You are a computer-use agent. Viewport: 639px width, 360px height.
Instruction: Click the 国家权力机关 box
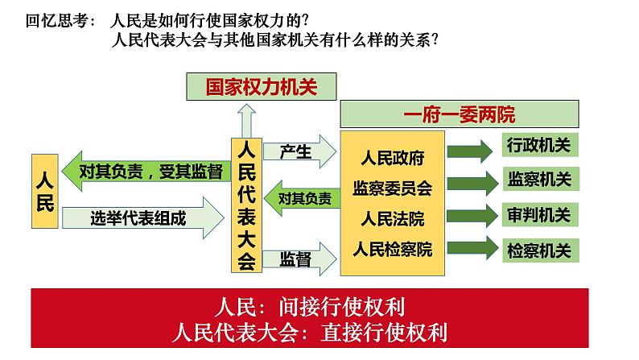pos(262,87)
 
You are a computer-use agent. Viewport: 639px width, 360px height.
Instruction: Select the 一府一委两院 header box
pos(459,114)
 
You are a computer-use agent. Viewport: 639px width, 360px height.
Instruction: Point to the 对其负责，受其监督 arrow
pos(142,171)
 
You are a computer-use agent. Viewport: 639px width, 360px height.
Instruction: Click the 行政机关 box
pos(538,146)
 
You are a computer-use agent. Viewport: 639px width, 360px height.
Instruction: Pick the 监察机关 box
pos(538,180)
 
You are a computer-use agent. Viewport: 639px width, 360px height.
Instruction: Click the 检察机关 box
pos(538,250)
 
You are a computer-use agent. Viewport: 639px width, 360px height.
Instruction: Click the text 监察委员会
pos(392,188)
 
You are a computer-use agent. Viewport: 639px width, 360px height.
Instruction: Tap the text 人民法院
pos(392,218)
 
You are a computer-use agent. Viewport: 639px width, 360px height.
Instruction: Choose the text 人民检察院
pos(392,247)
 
